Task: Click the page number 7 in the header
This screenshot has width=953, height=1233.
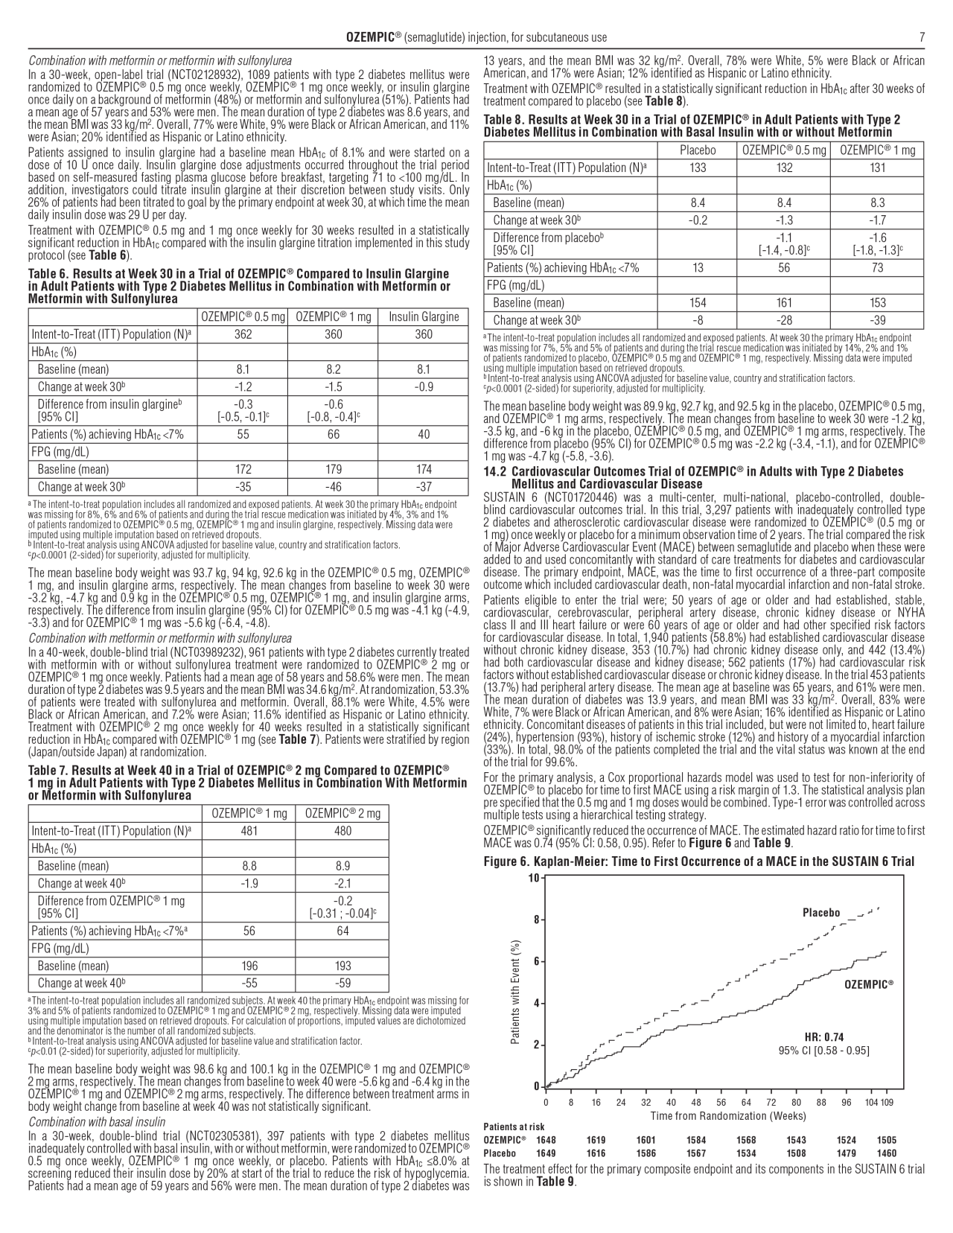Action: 922,37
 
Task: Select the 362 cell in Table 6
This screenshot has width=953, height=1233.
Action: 243,334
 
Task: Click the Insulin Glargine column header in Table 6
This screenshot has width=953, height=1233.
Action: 423,317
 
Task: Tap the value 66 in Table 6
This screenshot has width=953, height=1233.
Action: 333,435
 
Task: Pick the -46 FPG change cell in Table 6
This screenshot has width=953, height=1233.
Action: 333,487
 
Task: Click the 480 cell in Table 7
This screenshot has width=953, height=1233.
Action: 342,831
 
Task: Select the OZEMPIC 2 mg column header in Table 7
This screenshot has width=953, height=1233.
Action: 342,814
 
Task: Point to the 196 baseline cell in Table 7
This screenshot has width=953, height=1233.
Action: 249,966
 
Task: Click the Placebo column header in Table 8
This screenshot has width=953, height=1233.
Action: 698,150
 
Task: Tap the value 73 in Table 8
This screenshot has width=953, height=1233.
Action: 878,268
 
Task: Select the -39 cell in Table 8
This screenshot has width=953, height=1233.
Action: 878,320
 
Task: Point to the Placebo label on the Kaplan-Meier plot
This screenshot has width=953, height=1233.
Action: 820,913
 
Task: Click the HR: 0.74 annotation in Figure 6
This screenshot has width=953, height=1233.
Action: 823,1037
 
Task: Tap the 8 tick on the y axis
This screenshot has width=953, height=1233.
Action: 535,920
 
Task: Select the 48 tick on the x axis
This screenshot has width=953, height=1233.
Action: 696,1102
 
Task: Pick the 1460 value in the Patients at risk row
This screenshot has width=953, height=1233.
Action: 886,1153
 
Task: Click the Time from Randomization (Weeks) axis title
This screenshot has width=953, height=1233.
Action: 727,1115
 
